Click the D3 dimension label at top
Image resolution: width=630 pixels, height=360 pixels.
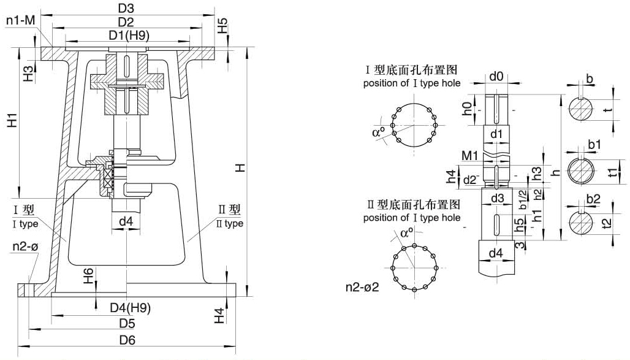(x=126, y=8)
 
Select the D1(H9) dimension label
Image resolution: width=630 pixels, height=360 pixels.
(x=127, y=35)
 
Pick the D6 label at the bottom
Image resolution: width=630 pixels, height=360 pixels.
(x=127, y=340)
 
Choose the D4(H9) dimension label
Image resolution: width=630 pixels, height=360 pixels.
(x=130, y=307)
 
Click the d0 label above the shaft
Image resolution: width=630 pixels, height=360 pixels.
(x=496, y=77)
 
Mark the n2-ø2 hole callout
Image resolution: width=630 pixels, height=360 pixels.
(x=362, y=286)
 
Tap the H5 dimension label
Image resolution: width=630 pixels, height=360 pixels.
(x=223, y=26)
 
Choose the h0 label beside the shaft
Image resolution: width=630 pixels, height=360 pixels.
(x=468, y=110)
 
